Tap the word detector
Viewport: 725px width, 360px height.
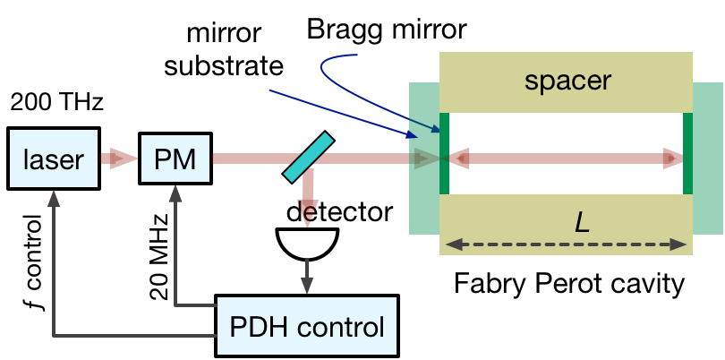pyautogui.click(x=339, y=212)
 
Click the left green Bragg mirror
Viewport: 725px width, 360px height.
pyautogui.click(x=445, y=153)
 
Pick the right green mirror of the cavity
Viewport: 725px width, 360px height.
pyautogui.click(x=687, y=153)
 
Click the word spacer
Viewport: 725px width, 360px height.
pyautogui.click(x=567, y=81)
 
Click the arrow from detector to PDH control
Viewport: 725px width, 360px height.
pyautogui.click(x=309, y=273)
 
